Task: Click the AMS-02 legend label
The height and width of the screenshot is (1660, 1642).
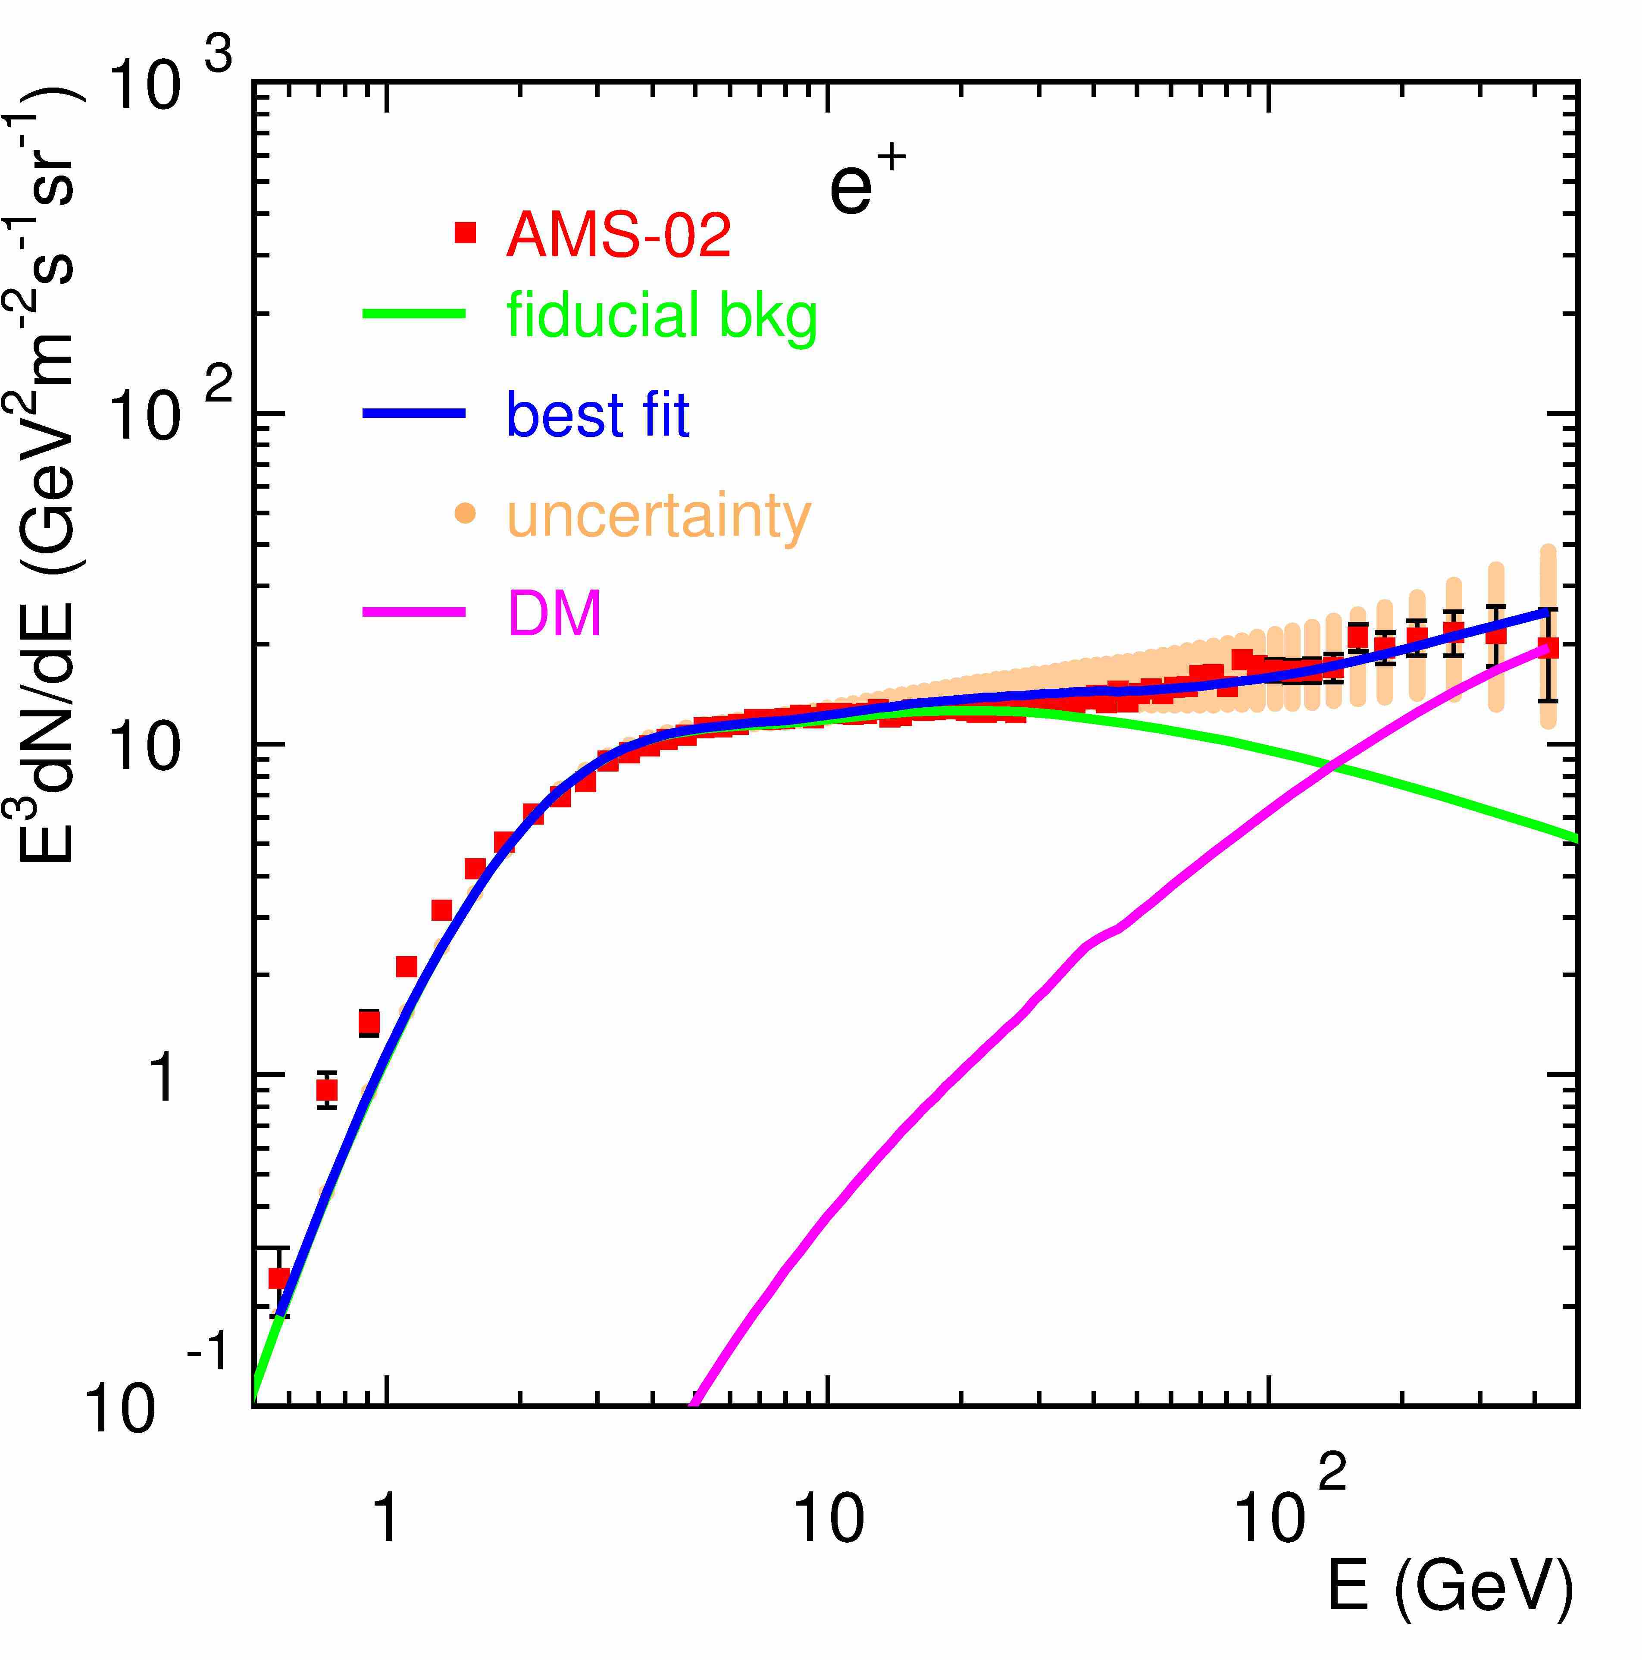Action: (618, 235)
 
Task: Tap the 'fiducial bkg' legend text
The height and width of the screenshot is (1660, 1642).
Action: (661, 316)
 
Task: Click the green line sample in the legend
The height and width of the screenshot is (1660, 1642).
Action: (414, 314)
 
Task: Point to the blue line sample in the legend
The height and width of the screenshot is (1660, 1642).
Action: (414, 414)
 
